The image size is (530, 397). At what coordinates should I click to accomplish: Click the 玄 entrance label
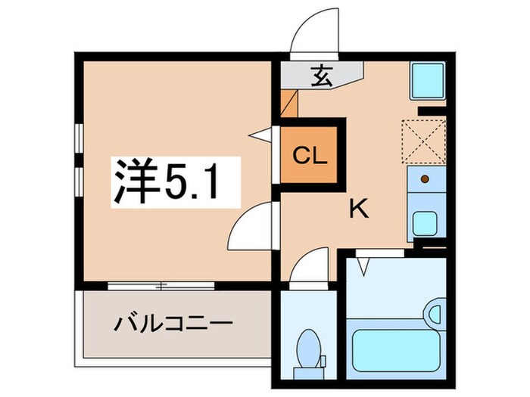(x=321, y=75)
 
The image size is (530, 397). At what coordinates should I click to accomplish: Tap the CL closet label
(x=310, y=157)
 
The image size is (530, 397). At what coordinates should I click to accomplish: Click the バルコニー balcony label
(x=173, y=326)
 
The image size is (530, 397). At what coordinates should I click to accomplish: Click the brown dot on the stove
(x=425, y=178)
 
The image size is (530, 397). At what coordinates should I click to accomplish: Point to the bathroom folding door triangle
(x=365, y=265)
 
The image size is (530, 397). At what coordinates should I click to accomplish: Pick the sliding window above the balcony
(x=161, y=286)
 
